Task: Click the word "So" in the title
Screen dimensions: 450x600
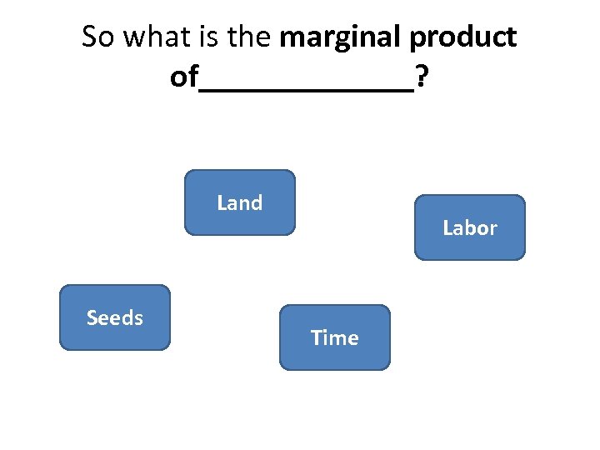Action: click(98, 37)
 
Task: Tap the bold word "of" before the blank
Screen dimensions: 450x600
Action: click(183, 78)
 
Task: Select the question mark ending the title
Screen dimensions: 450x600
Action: click(422, 78)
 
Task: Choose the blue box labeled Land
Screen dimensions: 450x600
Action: click(239, 202)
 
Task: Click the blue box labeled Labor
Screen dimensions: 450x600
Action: click(470, 227)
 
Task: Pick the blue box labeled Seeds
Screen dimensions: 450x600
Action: click(114, 317)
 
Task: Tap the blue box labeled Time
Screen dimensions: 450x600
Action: click(334, 337)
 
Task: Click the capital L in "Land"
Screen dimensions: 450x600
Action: click(222, 202)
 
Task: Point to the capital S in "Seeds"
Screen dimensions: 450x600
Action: click(92, 317)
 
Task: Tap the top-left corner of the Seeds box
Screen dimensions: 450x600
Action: click(62, 287)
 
